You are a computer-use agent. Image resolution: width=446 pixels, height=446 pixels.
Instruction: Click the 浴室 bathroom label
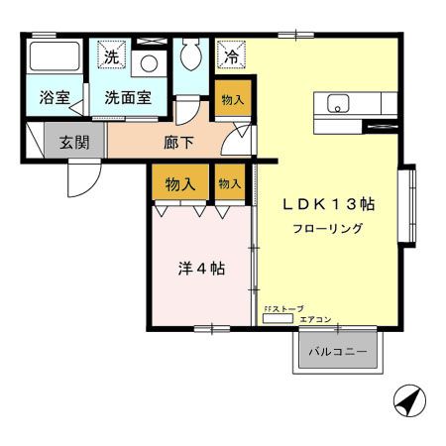56,98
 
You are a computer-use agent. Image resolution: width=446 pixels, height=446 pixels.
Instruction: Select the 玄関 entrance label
73,142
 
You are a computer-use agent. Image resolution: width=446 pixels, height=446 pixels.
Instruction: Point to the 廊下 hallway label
178,142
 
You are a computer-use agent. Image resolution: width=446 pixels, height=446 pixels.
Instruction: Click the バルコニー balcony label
336,352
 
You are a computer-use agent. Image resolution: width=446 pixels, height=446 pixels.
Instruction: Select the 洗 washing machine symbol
112,56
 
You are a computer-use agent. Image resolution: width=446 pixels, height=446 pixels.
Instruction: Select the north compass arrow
407,401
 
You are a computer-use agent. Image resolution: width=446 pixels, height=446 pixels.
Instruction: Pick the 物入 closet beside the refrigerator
232,100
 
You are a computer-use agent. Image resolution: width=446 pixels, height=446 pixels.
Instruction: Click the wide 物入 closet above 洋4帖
179,183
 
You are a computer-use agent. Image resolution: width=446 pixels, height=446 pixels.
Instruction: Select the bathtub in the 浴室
55,56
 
